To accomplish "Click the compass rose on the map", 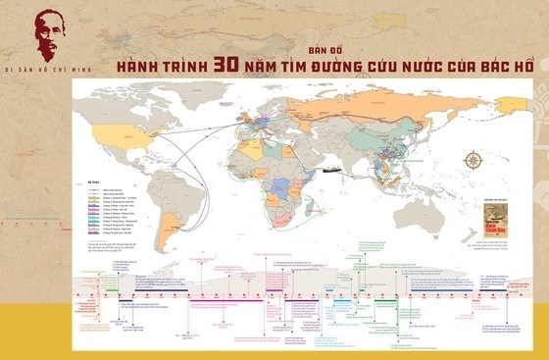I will point(475,161).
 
